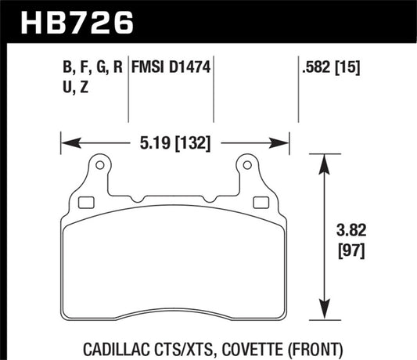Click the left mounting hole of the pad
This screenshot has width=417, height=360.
(99, 166)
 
